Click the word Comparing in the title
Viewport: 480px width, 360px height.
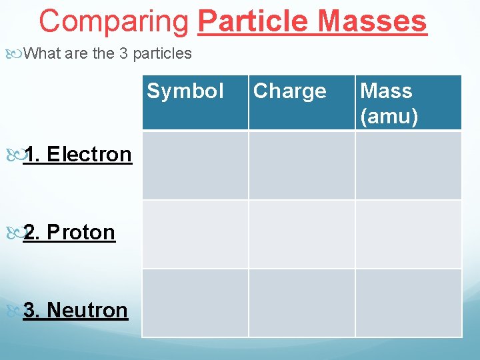click(114, 21)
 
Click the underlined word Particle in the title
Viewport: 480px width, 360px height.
click(254, 21)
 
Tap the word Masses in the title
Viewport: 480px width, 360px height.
click(372, 21)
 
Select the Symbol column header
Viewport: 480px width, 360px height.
click(185, 91)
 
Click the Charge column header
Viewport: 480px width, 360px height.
click(290, 91)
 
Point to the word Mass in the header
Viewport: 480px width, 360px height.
click(386, 91)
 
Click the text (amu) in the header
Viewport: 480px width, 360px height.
click(389, 117)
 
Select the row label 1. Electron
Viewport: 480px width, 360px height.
click(77, 154)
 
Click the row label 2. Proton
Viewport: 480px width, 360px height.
click(69, 232)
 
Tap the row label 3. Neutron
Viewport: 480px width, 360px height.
click(75, 310)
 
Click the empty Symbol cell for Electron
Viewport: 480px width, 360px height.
click(195, 165)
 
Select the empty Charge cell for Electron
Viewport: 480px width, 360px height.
click(301, 165)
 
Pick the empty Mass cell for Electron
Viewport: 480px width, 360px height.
click(408, 165)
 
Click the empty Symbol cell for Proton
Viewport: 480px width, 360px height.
click(195, 234)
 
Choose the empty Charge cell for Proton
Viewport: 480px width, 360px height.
click(301, 234)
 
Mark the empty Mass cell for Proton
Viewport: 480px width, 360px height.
click(408, 234)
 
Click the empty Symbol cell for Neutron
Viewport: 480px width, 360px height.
click(195, 303)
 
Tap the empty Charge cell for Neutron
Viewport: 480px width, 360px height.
click(301, 303)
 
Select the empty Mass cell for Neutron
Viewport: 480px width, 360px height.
click(408, 303)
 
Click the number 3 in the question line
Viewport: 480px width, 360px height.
click(123, 53)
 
